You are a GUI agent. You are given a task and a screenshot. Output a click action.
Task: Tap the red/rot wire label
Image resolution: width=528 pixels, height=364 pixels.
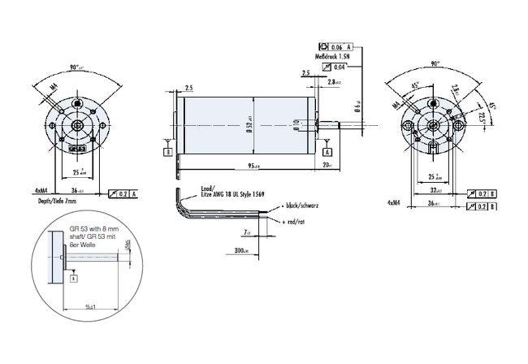pyautogui.click(x=292, y=221)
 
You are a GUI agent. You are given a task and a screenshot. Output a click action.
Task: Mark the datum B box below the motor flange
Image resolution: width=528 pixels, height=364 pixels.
pyautogui.click(x=167, y=152)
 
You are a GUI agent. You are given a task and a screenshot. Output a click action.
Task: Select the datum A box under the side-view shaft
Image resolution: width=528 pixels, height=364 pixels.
pyautogui.click(x=327, y=152)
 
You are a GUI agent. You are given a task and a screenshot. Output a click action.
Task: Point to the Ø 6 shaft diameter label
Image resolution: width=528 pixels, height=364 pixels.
pyautogui.click(x=355, y=106)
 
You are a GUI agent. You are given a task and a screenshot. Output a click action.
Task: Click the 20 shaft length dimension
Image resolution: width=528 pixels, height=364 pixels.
pyautogui.click(x=327, y=166)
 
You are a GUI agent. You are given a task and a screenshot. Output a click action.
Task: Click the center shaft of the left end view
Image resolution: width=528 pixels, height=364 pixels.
pyautogui.click(x=78, y=124)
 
